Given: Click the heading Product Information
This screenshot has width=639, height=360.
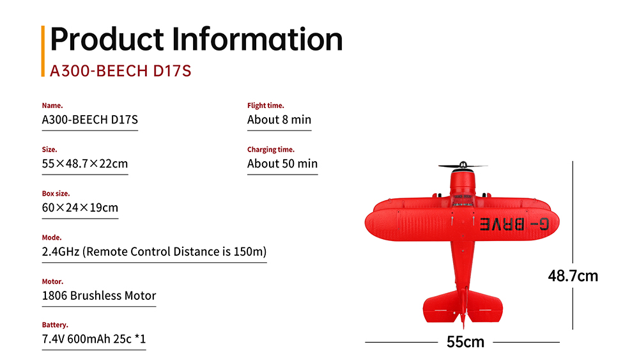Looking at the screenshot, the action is click(x=196, y=40).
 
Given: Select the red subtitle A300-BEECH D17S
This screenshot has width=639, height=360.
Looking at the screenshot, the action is click(x=121, y=71).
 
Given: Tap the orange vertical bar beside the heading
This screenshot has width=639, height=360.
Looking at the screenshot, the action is click(x=43, y=51).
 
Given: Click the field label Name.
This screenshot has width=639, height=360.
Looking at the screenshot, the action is click(x=52, y=106).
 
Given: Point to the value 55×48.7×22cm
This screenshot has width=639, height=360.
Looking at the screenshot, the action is click(x=85, y=164).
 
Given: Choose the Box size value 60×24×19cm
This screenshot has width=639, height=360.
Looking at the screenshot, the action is click(x=80, y=208).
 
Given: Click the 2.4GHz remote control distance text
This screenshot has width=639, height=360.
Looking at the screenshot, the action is click(x=154, y=251).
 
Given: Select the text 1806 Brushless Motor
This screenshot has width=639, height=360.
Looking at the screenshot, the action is click(x=99, y=295).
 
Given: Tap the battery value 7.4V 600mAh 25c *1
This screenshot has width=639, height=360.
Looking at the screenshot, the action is click(x=94, y=339).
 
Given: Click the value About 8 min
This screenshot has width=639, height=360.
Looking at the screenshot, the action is click(x=279, y=120).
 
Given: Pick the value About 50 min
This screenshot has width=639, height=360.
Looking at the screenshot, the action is click(x=282, y=164).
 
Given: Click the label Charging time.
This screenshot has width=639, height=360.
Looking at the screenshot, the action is click(x=270, y=150).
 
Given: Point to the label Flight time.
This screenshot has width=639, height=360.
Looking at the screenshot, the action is click(x=265, y=106).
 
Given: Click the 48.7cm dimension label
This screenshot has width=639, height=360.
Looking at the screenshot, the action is click(x=573, y=276).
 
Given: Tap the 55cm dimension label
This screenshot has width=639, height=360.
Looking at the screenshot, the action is click(x=465, y=342).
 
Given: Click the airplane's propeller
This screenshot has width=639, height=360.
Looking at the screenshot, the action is click(x=463, y=166).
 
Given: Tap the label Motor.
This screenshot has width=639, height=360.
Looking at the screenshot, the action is click(x=52, y=282).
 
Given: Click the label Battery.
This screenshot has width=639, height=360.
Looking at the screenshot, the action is click(x=54, y=325).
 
